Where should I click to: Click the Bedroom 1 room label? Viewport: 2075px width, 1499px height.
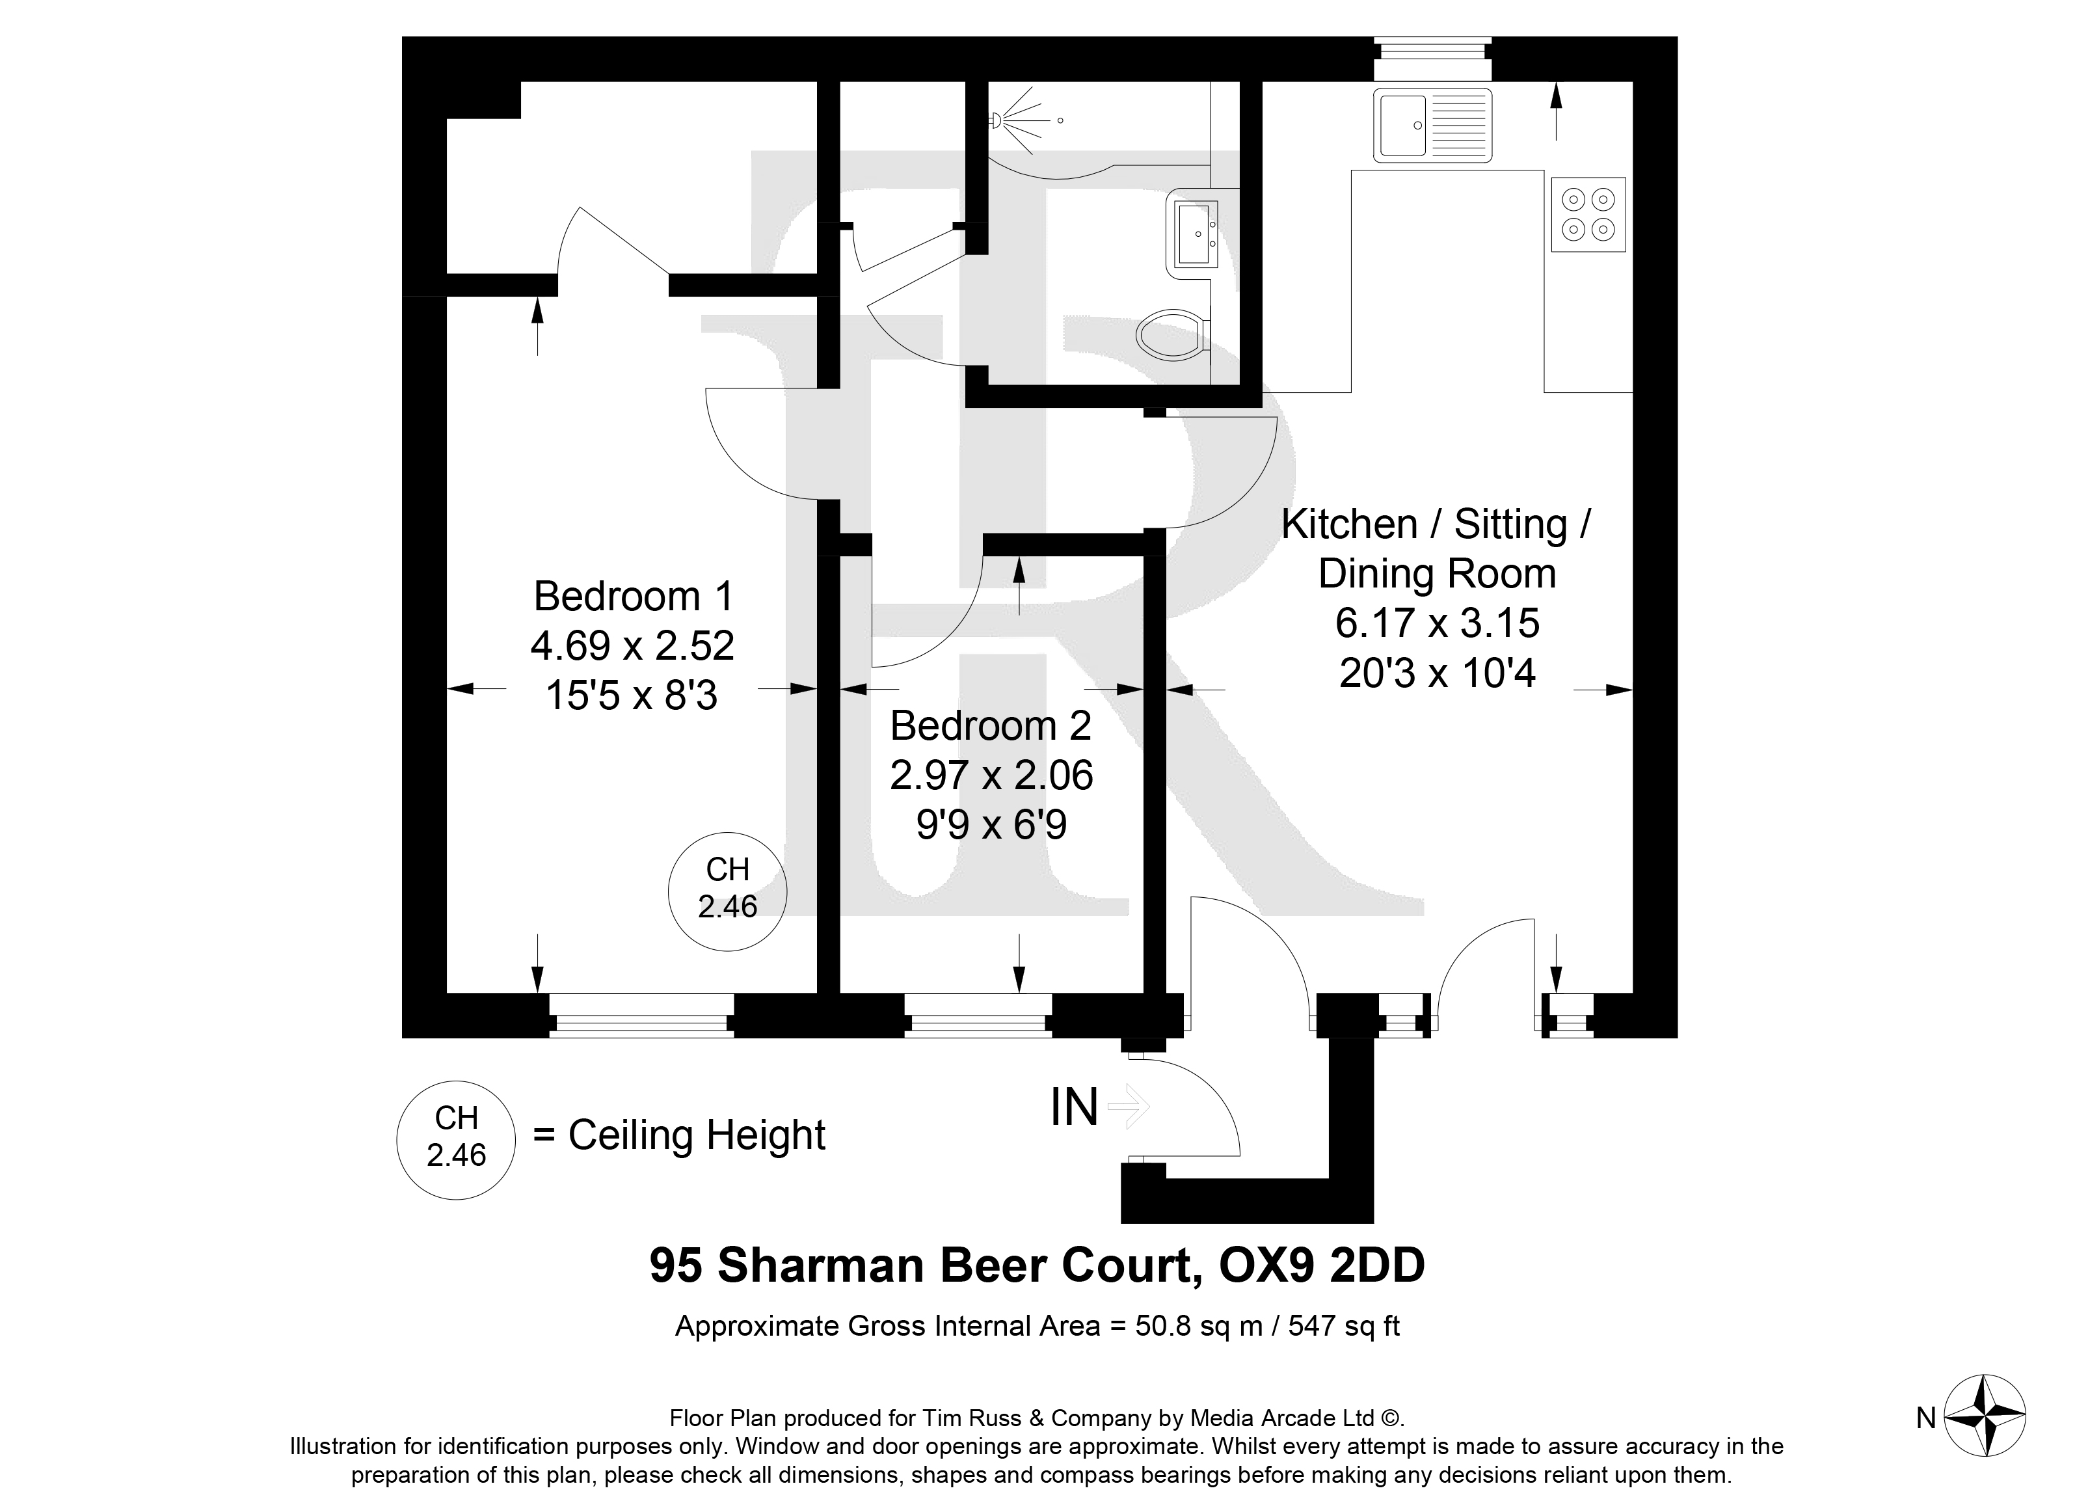pos(633,597)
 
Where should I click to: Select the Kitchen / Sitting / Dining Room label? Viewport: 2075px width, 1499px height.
pos(1436,549)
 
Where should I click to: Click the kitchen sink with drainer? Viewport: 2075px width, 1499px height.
pos(1432,126)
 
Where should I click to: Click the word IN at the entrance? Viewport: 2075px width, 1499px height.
pos(1074,1108)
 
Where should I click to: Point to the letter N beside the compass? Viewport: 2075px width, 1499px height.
pos(1926,1418)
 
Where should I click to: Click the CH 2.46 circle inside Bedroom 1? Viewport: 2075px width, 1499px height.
pos(729,891)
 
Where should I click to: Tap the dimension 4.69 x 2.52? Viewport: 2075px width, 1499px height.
pos(632,646)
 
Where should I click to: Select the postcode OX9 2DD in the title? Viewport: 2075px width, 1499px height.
pos(1322,1265)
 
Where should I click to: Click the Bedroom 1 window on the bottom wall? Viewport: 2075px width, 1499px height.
pos(641,1015)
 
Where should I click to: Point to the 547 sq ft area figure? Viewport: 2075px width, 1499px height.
pos(1344,1326)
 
